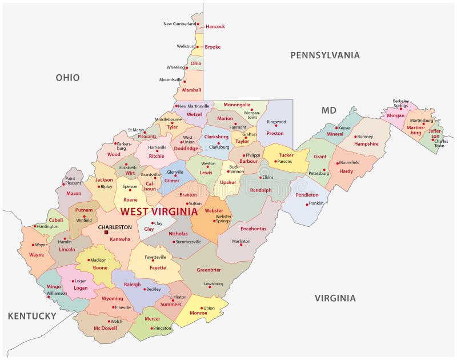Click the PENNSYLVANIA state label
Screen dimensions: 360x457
324,55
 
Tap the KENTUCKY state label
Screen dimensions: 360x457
32,316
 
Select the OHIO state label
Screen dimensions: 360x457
67,78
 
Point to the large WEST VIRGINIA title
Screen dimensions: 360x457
158,211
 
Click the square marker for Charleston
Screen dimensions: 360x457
106,232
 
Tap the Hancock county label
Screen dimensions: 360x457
215,27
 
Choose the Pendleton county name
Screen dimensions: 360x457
307,195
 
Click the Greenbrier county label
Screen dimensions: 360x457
209,270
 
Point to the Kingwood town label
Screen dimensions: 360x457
276,121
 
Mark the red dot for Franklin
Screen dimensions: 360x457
307,204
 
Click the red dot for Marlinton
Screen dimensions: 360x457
234,242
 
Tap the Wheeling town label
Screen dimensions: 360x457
175,67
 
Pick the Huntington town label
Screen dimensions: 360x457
47,226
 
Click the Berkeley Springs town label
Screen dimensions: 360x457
400,103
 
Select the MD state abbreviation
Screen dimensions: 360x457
328,110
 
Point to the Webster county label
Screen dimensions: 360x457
214,210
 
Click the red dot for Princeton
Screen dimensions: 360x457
151,328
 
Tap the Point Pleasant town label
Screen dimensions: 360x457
74,181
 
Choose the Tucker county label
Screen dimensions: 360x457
286,155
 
